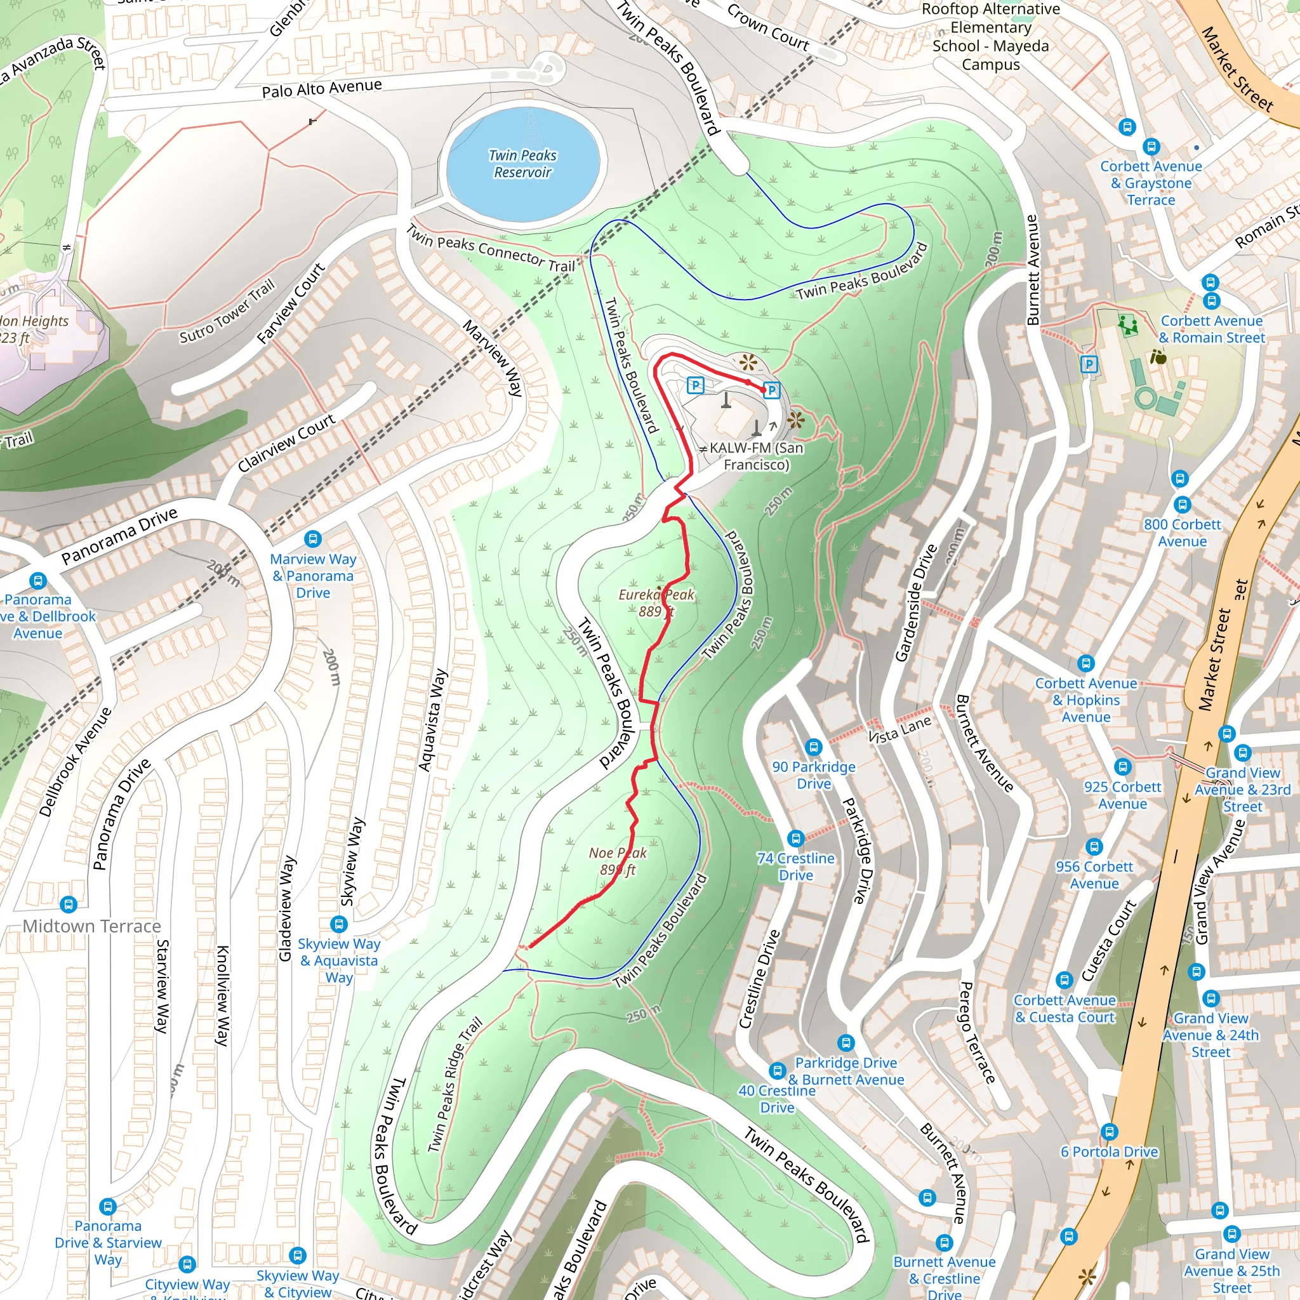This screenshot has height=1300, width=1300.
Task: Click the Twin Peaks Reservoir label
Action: pyautogui.click(x=523, y=164)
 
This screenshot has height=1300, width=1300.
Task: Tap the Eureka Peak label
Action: pyautogui.click(x=656, y=602)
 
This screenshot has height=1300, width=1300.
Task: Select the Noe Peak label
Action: pyautogui.click(x=618, y=861)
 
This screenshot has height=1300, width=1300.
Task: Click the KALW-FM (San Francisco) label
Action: pyautogui.click(x=755, y=456)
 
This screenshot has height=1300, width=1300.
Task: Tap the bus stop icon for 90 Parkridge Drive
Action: pyautogui.click(x=814, y=747)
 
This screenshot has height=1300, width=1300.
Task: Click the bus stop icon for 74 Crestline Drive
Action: pyautogui.click(x=796, y=839)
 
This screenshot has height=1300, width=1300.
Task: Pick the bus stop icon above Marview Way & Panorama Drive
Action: pyautogui.click(x=313, y=539)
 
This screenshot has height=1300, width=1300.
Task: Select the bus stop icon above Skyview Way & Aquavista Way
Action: pyautogui.click(x=339, y=924)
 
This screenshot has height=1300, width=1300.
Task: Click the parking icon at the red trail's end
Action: pyautogui.click(x=772, y=390)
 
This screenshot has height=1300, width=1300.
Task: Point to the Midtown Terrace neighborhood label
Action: pyautogui.click(x=92, y=927)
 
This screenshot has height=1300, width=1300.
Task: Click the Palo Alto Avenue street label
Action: pyautogui.click(x=322, y=88)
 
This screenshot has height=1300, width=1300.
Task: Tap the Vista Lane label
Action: pyautogui.click(x=899, y=729)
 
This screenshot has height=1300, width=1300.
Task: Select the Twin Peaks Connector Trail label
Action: pyautogui.click(x=491, y=248)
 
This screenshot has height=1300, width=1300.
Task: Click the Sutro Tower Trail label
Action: pyautogui.click(x=227, y=312)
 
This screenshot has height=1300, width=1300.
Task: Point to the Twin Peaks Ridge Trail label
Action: pyautogui.click(x=456, y=1085)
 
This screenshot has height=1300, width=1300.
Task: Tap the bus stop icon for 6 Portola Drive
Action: pyautogui.click(x=1110, y=1131)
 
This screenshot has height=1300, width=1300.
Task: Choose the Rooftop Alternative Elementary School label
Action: pyautogui.click(x=990, y=37)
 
